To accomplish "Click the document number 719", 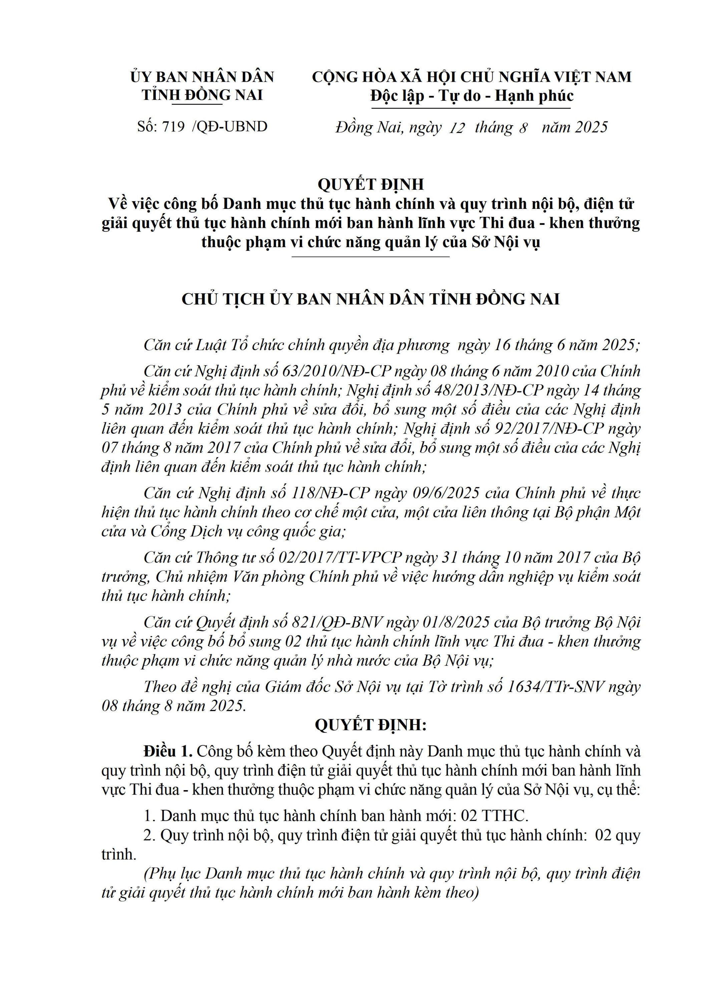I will coord(173,127).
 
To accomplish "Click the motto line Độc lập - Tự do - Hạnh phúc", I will coord(472,95).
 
